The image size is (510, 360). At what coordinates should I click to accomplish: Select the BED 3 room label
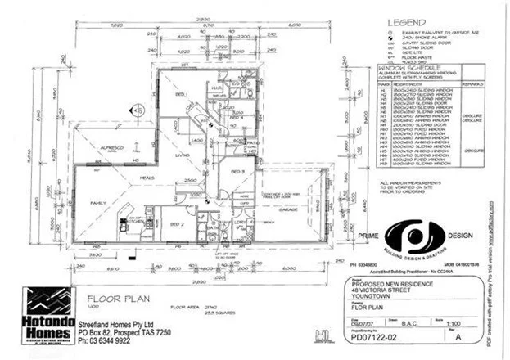coord(237,171)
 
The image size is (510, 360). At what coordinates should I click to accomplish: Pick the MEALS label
coord(147,178)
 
